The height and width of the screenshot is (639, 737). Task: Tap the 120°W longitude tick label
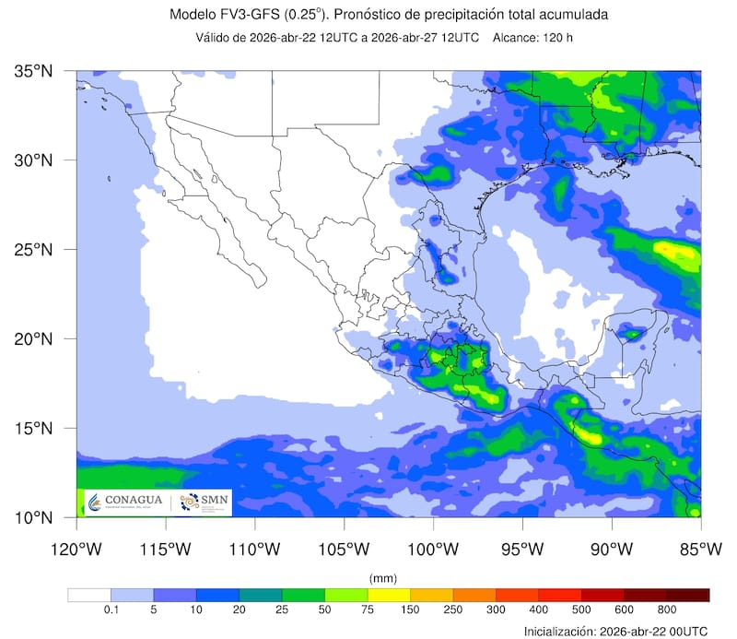point(76,550)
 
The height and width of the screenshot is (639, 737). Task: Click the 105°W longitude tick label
point(344,550)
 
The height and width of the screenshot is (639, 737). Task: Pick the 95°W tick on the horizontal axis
point(522,550)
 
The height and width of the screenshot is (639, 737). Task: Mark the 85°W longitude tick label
point(700,550)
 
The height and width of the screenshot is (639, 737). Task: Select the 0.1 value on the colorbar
point(111,610)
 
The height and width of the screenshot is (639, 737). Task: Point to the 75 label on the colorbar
point(368,610)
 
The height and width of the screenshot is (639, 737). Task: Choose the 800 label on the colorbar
point(667,610)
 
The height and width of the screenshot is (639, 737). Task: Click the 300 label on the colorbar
point(496,610)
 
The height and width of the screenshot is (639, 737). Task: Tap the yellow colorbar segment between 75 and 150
point(389,595)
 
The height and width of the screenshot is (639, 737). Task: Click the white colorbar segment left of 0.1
point(89,595)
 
